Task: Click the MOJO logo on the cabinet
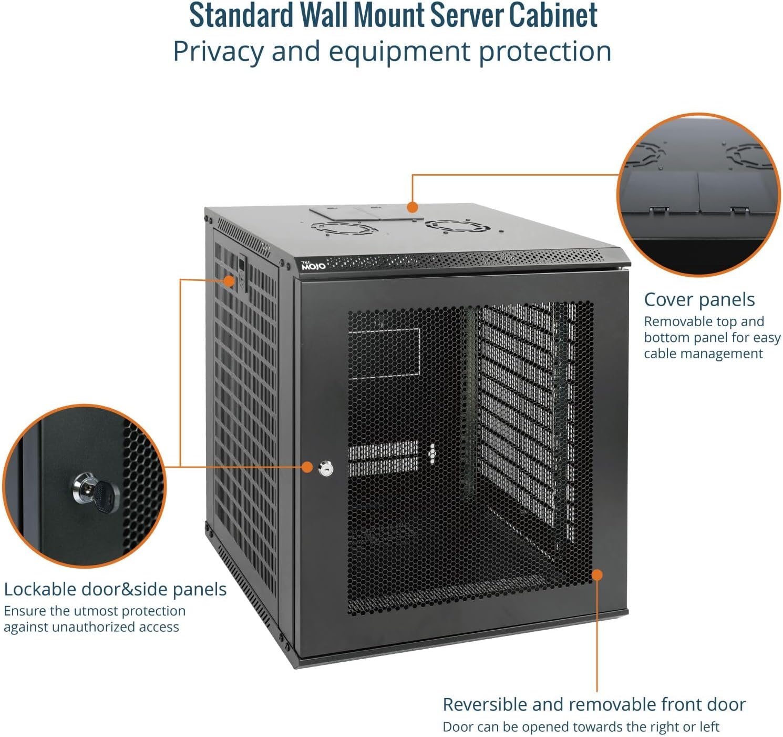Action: coord(313,265)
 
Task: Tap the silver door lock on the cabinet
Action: coord(326,468)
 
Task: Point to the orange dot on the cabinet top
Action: coord(413,207)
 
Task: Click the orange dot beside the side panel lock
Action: coord(229,280)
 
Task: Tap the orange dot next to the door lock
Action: coord(307,467)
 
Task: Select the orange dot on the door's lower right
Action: coord(597,574)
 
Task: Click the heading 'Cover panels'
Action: coord(699,299)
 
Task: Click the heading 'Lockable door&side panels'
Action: coord(115,589)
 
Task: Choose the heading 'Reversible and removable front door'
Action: coord(594,704)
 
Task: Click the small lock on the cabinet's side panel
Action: coord(242,272)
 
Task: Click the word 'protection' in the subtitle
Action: coord(544,52)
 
